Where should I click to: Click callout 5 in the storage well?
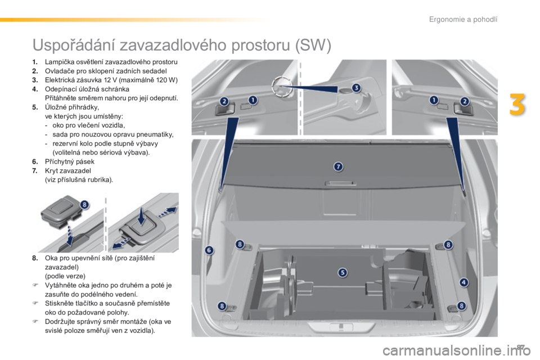tap(343, 272)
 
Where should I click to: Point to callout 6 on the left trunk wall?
tap(209, 250)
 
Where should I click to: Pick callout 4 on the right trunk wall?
tap(463, 282)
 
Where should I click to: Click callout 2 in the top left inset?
tap(224, 101)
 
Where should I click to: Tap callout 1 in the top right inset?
tap(434, 100)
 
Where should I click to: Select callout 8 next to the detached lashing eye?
tap(84, 205)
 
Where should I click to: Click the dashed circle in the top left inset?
tap(280, 85)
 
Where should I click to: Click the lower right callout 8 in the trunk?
tap(462, 305)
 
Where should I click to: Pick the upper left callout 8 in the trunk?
tap(240, 244)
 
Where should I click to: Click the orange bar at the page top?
tap(135, 20)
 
